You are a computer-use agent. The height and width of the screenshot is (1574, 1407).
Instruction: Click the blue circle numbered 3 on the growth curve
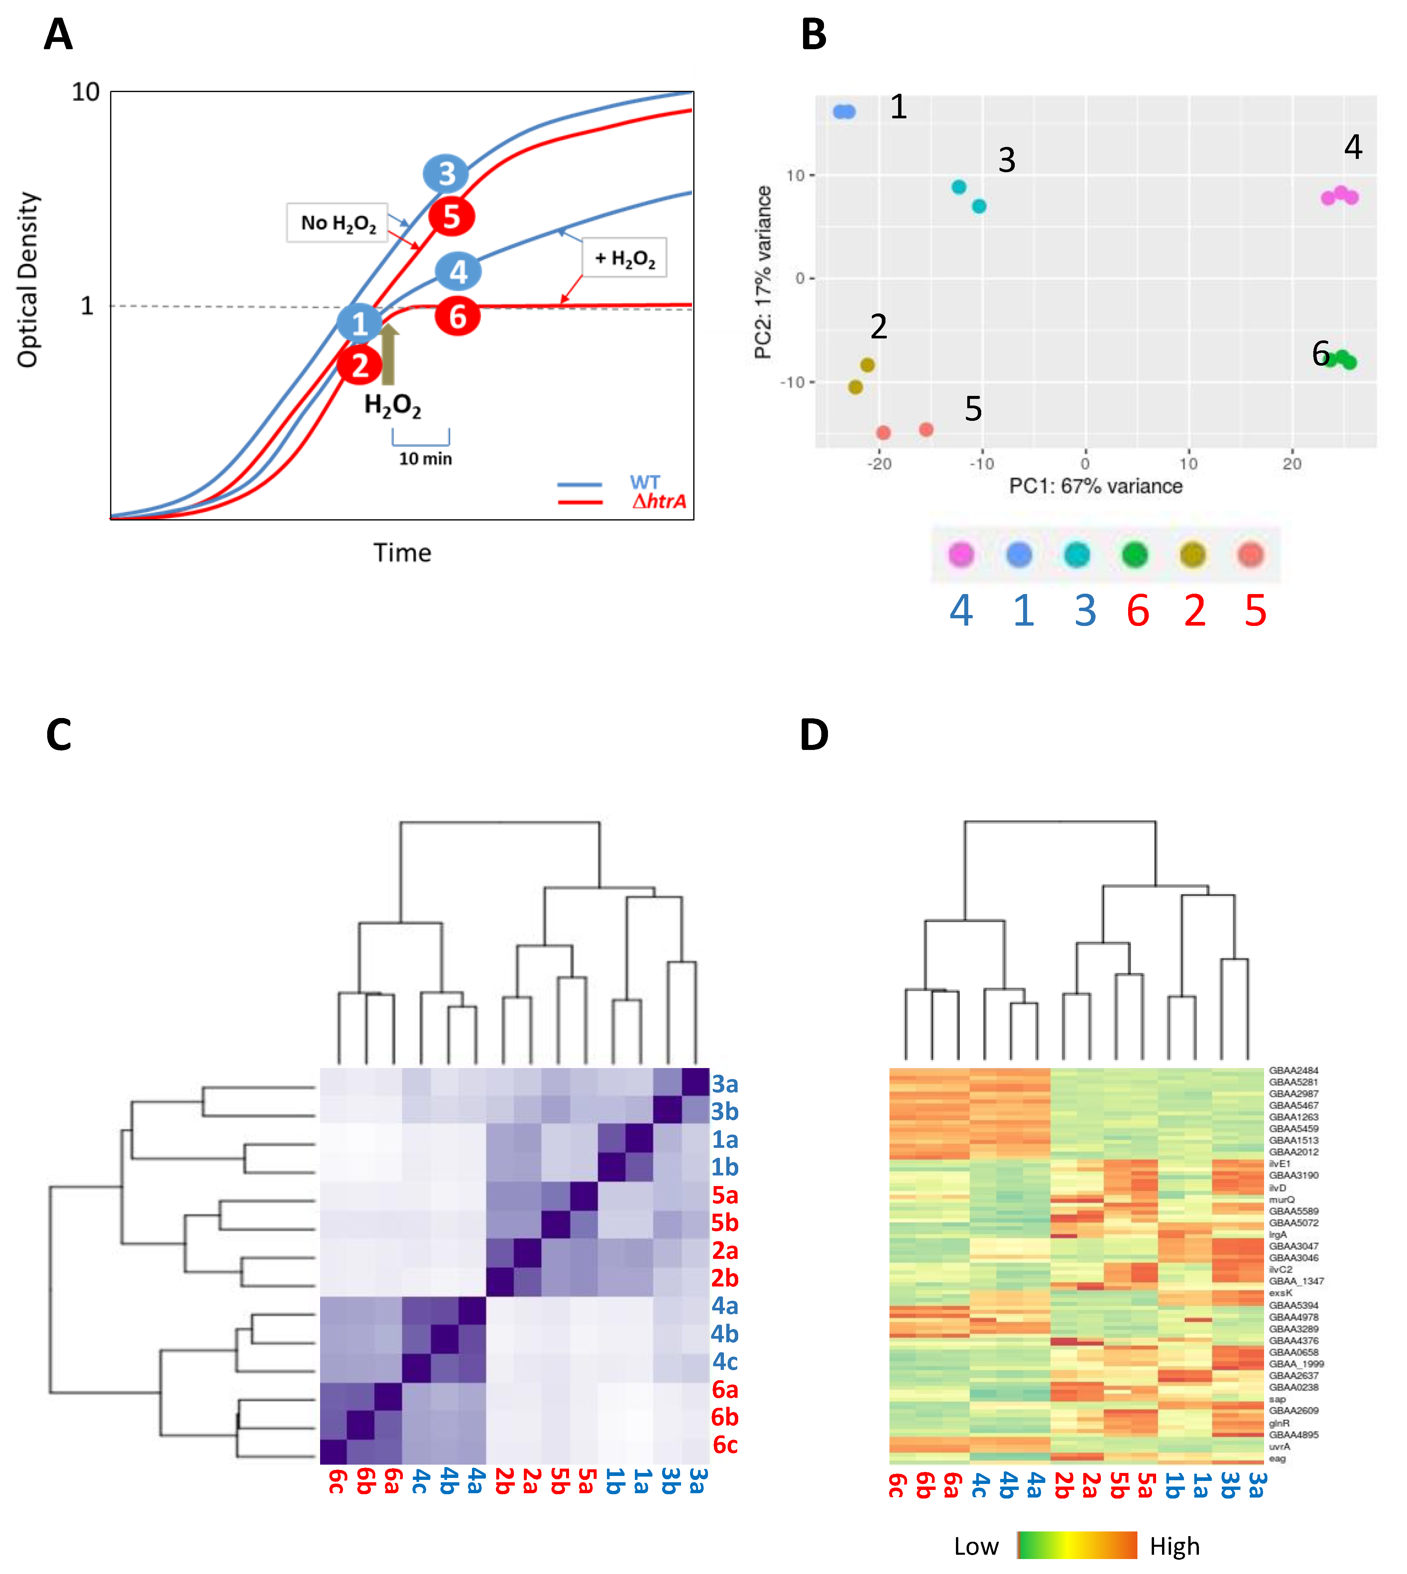446,174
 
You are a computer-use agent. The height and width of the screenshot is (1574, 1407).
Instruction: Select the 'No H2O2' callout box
337,223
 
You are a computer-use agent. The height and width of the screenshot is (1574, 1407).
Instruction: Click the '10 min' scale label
425,458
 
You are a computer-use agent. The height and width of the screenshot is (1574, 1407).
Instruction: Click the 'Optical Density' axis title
28,280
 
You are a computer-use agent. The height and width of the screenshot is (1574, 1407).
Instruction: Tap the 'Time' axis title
402,553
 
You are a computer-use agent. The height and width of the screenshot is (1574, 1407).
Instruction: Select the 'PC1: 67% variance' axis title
1096,486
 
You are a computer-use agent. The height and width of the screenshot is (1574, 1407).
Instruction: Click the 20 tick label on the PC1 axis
1292,464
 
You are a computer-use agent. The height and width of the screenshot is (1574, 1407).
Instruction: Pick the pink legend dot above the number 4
961,554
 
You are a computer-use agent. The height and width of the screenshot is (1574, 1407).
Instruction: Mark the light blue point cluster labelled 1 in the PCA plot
844,112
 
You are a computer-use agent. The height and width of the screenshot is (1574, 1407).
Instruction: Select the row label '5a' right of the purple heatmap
724,1195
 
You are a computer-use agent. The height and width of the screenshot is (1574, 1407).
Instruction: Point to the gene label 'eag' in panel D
1277,1459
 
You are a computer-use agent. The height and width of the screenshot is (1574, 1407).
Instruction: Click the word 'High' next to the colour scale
1174,1546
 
